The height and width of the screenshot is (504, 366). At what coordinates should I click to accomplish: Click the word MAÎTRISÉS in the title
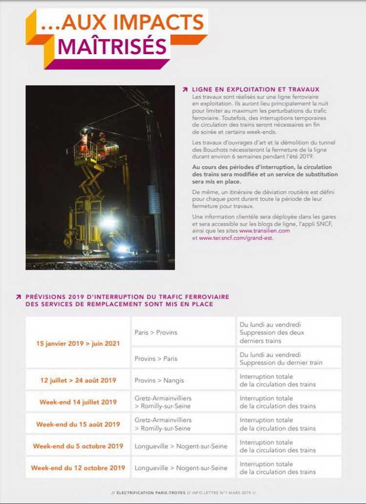tap(112, 46)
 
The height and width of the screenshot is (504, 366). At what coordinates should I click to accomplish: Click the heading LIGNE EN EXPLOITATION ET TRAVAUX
tap(256, 89)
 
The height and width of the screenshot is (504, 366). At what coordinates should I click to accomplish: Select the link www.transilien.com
tap(264, 231)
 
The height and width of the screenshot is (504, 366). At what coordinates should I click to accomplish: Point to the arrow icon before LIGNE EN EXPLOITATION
tap(185, 90)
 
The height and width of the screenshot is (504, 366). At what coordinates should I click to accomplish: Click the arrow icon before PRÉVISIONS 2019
tap(19, 296)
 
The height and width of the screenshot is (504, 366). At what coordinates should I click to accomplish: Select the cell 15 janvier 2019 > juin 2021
tap(78, 343)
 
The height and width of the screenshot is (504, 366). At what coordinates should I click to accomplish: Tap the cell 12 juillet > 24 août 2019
tap(78, 380)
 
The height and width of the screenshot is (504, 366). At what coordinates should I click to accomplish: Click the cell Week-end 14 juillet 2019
tap(78, 402)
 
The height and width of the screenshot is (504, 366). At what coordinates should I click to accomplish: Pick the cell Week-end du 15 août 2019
tap(78, 424)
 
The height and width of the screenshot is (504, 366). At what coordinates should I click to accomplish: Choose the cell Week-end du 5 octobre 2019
tap(78, 446)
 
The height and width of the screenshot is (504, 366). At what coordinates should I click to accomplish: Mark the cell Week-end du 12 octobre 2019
tap(78, 468)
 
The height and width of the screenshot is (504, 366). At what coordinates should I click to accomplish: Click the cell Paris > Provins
tap(156, 332)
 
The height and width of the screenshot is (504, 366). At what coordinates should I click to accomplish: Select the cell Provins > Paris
tap(156, 358)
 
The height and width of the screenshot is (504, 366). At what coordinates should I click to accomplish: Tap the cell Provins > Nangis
tap(160, 380)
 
